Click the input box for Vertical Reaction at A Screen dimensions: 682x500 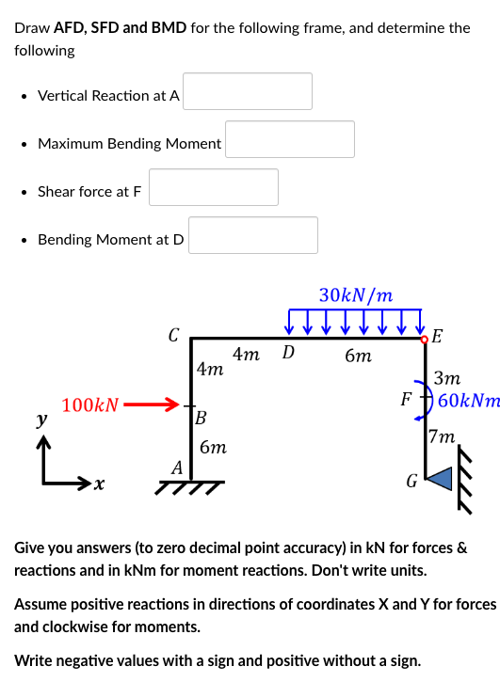pyautogui.click(x=248, y=91)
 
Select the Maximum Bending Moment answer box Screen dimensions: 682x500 pyautogui.click(x=290, y=139)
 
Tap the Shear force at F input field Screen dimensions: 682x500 pyautogui.click(x=214, y=187)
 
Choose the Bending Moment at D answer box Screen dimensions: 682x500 pyautogui.click(x=252, y=235)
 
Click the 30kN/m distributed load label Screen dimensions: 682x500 pyautogui.click(x=356, y=294)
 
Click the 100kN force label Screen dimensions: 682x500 pyautogui.click(x=90, y=406)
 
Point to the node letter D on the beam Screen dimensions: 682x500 pyautogui.click(x=288, y=354)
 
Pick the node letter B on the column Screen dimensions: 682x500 pyautogui.click(x=201, y=417)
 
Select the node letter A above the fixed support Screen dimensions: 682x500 pyautogui.click(x=176, y=468)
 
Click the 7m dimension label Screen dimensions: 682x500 pyautogui.click(x=441, y=436)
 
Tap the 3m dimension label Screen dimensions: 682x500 pyautogui.click(x=447, y=378)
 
